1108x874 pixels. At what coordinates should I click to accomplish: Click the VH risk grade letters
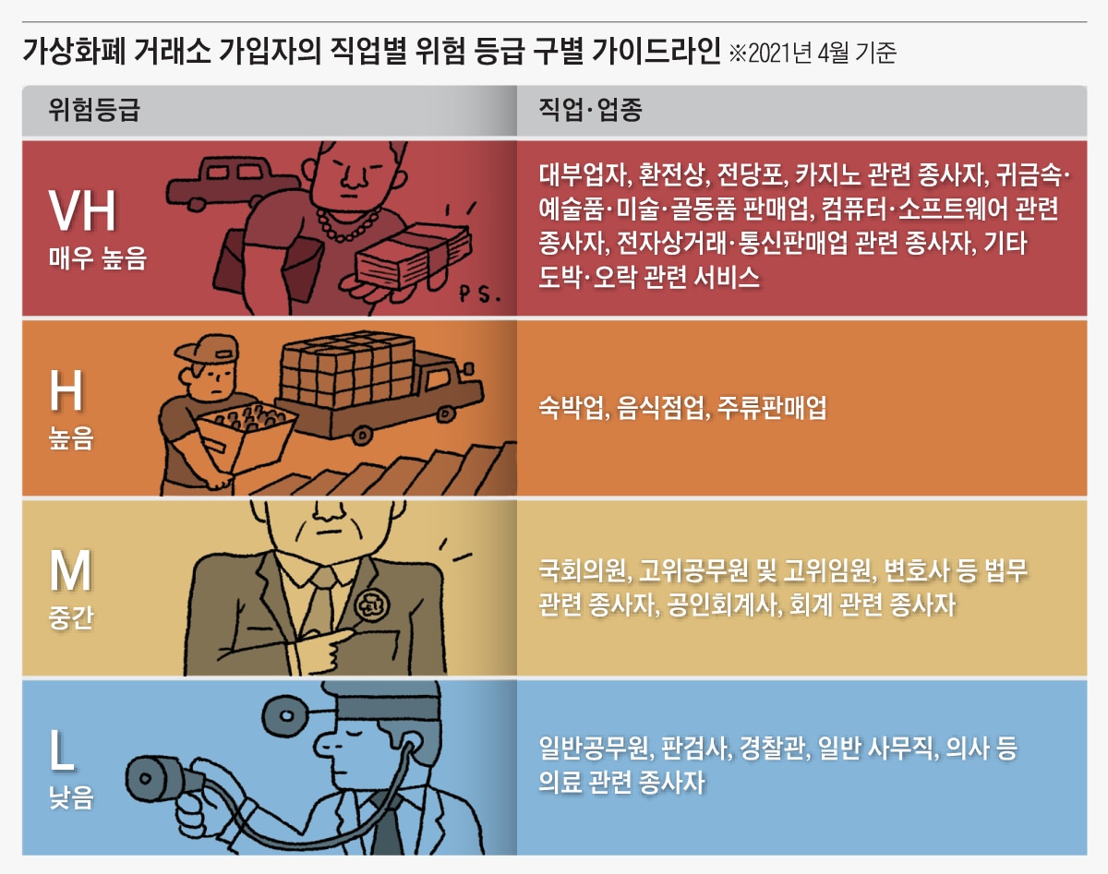click(83, 211)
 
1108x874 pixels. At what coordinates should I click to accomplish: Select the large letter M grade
click(71, 571)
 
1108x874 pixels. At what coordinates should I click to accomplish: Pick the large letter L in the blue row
click(63, 751)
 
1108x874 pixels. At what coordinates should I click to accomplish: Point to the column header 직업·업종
click(590, 111)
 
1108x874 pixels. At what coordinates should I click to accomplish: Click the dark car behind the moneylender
click(222, 180)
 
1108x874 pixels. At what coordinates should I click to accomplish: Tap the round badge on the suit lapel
click(373, 606)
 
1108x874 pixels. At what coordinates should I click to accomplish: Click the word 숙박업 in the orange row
click(569, 408)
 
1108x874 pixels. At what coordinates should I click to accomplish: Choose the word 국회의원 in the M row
click(582, 571)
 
